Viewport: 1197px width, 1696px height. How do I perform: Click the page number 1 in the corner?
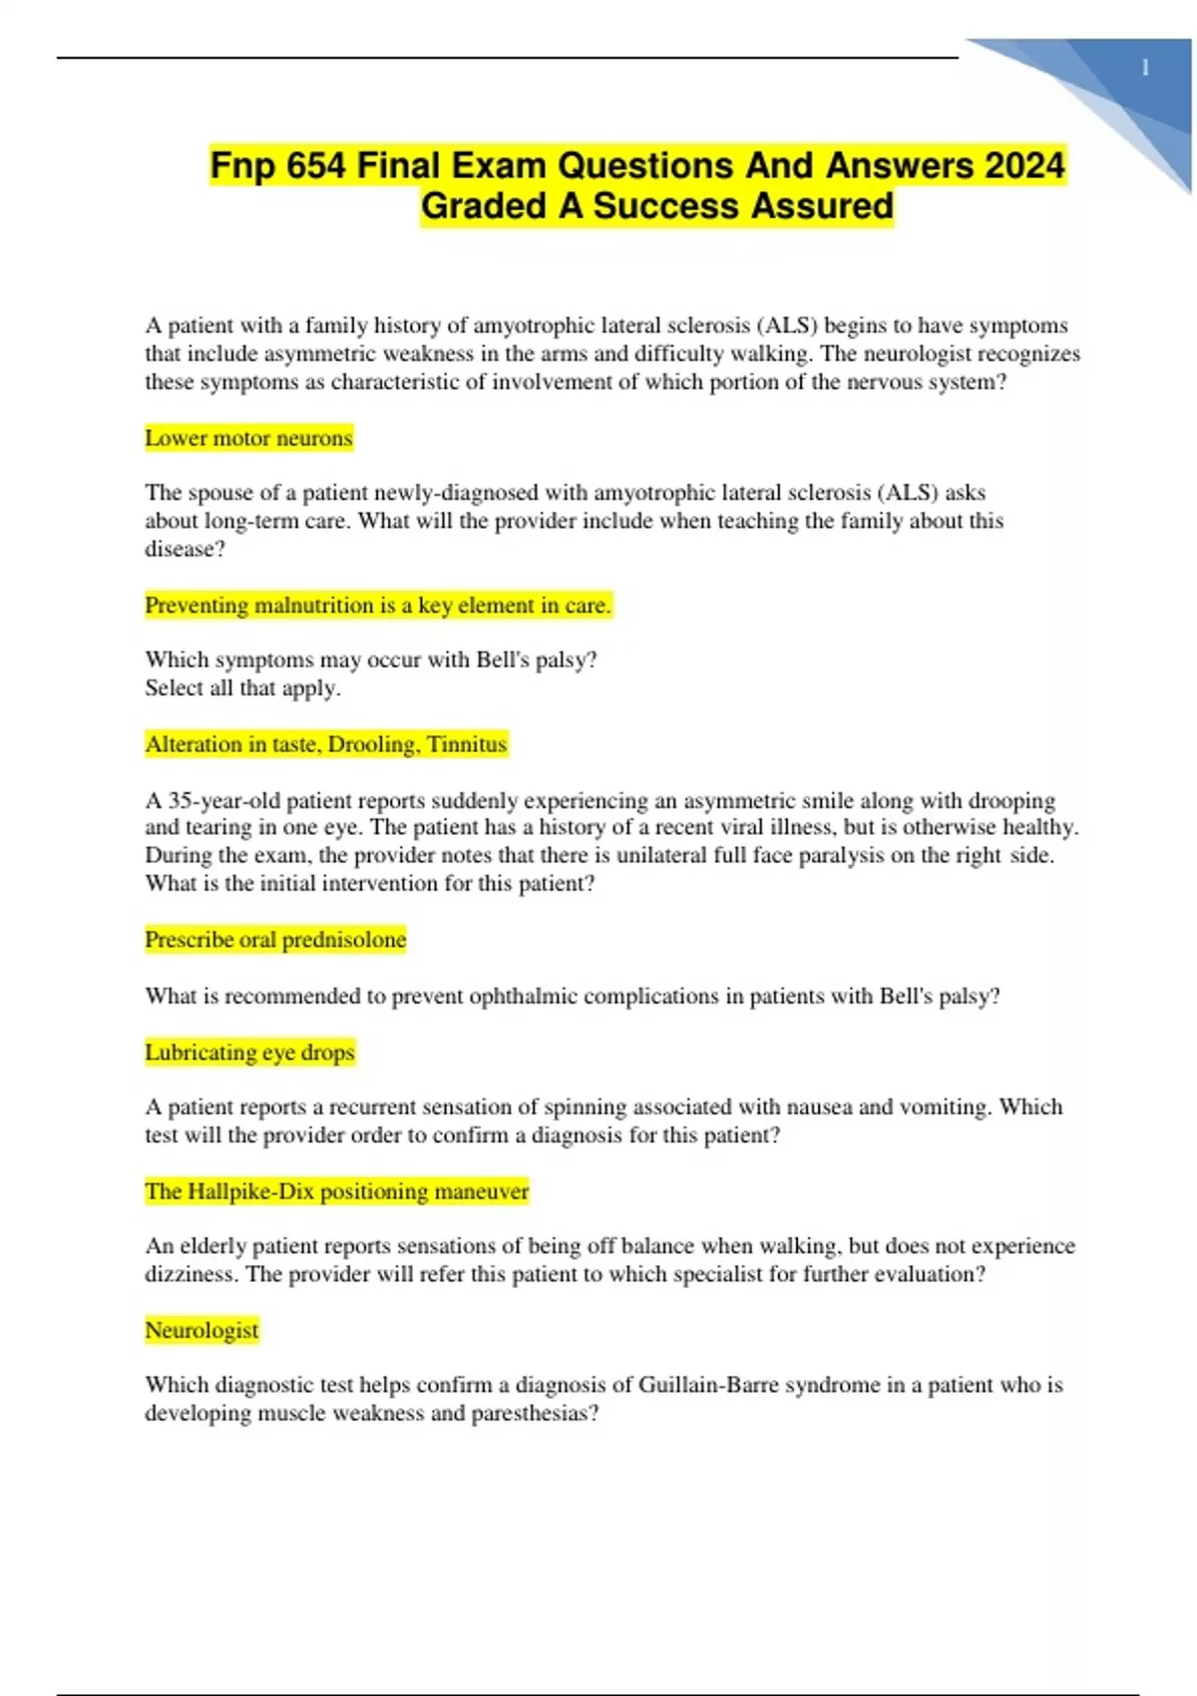point(1145,69)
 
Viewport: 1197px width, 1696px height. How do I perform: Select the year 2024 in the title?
point(1024,165)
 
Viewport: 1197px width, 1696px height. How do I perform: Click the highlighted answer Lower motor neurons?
point(248,438)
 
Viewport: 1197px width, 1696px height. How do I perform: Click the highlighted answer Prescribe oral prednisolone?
point(275,940)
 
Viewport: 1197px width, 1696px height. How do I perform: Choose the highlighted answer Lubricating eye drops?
point(249,1053)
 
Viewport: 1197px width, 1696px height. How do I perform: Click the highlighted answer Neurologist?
point(201,1330)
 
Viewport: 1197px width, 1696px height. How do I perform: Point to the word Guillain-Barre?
point(708,1385)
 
